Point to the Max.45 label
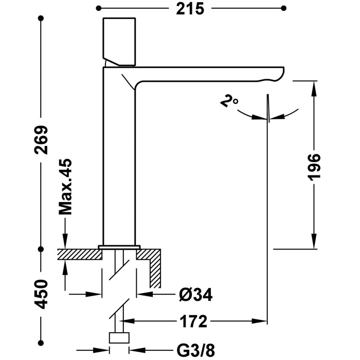[x=65, y=187]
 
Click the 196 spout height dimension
[x=315, y=166]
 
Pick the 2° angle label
[x=229, y=101]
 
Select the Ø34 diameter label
[x=196, y=295]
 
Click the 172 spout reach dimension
[x=195, y=322]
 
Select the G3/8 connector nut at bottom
[x=119, y=338]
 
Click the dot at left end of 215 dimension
[x=98, y=8]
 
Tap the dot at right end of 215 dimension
[x=284, y=8]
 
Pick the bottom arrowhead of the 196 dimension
[x=315, y=244]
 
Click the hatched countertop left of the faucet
[x=77, y=254]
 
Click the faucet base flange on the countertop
[x=119, y=247]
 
